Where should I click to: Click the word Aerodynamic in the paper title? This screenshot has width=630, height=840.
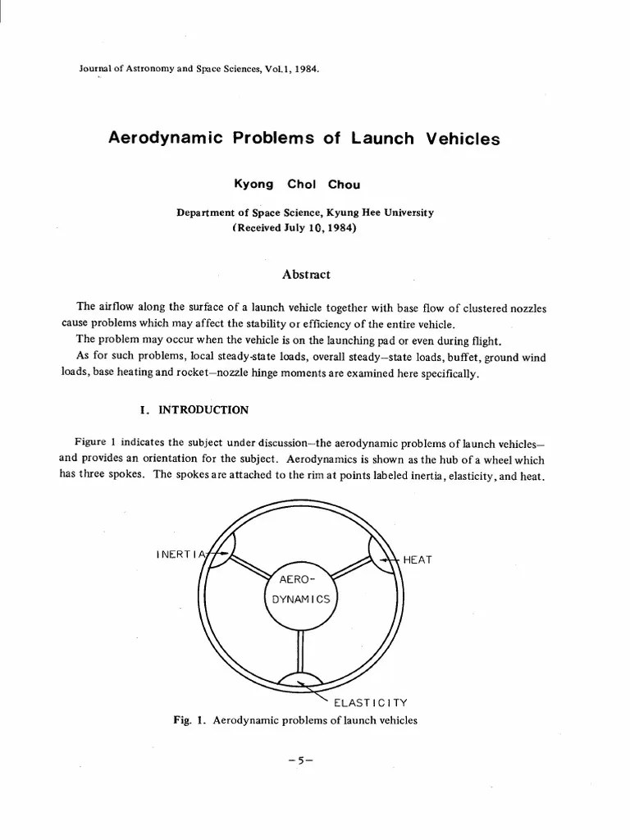[x=166, y=138]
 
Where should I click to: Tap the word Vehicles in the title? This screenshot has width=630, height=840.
[x=463, y=139]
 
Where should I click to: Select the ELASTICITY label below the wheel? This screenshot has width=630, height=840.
[x=369, y=703]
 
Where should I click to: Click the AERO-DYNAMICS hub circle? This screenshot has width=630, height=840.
[x=301, y=591]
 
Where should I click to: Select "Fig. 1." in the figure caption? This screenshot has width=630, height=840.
[x=188, y=721]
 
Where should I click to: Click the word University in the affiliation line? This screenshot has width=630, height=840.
[x=408, y=212]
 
